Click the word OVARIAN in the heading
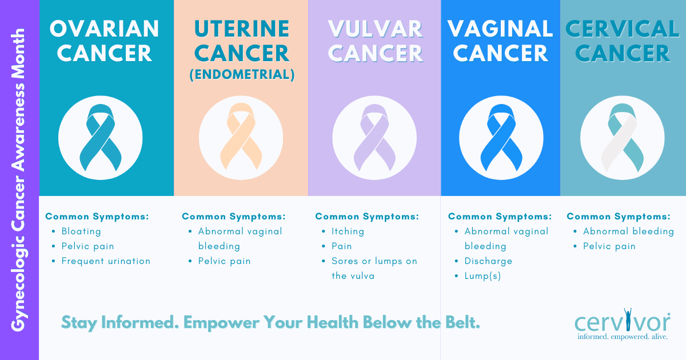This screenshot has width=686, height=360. (105, 29)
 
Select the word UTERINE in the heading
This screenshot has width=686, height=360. (242, 29)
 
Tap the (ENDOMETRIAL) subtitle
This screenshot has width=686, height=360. (242, 75)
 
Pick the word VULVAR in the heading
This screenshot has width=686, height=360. (376, 29)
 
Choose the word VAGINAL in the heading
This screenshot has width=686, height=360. (500, 29)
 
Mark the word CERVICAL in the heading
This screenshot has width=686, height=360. (622, 29)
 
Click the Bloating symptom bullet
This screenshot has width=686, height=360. (81, 231)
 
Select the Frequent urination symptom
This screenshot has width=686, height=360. (106, 261)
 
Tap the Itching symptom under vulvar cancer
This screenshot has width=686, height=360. (348, 231)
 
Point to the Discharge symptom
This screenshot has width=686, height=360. (488, 261)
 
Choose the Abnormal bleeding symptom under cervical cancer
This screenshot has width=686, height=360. (628, 231)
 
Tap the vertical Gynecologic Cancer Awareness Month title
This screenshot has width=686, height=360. (18, 180)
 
